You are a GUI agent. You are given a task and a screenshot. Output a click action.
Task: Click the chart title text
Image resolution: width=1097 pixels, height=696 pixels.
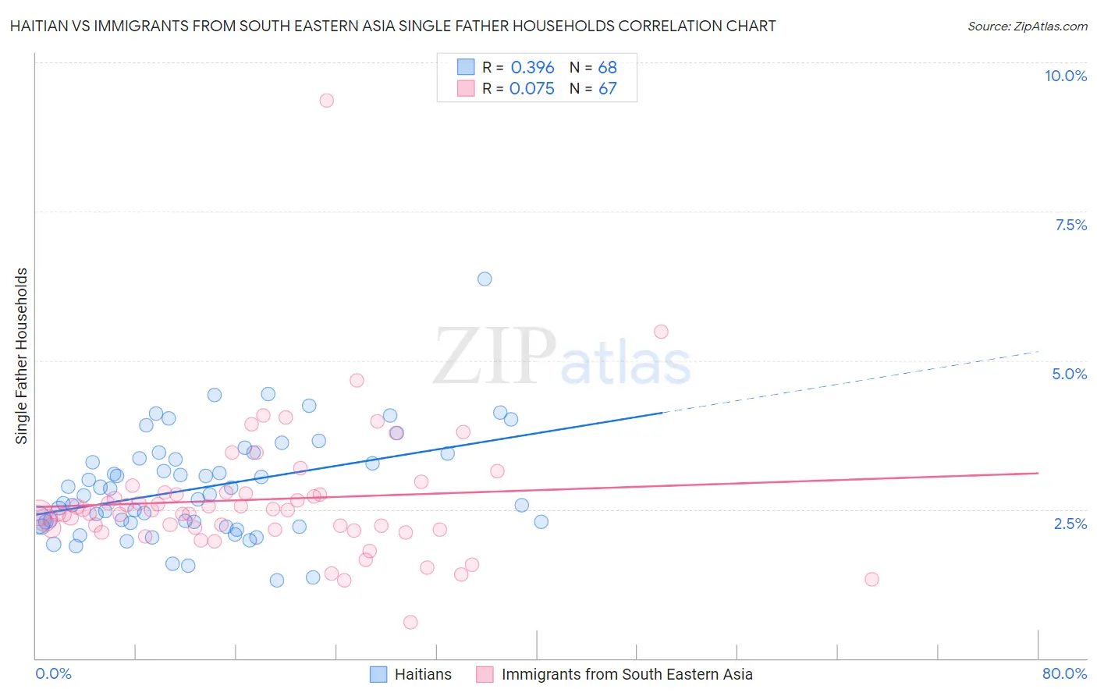(x=392, y=26)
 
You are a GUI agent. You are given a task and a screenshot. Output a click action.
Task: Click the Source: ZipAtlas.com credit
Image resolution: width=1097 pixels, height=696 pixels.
(x=1027, y=26)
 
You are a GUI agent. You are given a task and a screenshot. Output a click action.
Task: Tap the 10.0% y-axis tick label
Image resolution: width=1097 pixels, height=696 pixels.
(x=1065, y=76)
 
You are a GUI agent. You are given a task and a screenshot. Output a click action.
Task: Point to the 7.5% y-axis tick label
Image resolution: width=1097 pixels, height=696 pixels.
(x=1070, y=225)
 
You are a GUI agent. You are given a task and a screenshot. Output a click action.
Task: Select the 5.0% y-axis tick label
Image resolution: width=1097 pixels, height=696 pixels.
(x=1069, y=374)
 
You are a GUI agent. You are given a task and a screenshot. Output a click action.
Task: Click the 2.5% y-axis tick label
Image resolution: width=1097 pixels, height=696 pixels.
(x=1070, y=524)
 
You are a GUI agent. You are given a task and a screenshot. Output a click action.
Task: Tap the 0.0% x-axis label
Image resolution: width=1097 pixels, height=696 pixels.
(x=54, y=673)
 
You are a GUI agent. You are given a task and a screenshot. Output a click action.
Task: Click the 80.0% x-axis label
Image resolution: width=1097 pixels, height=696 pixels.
(x=1064, y=673)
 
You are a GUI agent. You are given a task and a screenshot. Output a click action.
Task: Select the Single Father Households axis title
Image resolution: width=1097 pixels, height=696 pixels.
(x=22, y=356)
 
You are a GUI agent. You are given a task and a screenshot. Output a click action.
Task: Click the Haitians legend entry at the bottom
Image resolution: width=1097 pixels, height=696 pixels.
(x=422, y=674)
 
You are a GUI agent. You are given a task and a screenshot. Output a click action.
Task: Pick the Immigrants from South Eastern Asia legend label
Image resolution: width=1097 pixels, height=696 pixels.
(x=627, y=674)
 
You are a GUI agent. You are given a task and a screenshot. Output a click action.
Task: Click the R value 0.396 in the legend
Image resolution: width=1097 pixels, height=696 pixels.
(x=532, y=68)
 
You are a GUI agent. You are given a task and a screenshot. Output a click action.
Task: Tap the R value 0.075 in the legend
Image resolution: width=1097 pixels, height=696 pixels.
(x=531, y=88)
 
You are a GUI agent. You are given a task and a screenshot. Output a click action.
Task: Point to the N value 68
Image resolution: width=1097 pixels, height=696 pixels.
(x=607, y=68)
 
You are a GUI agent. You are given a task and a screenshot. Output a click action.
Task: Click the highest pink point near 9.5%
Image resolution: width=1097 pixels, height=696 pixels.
(x=327, y=100)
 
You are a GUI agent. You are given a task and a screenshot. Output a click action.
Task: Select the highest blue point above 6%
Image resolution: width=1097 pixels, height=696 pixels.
(x=485, y=279)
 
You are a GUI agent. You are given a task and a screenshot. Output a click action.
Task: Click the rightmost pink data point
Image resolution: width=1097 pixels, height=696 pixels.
(x=872, y=579)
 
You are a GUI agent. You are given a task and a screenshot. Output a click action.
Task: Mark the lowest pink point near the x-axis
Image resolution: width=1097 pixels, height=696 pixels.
(x=410, y=622)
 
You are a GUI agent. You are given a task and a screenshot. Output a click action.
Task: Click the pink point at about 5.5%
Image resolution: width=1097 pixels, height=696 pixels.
(x=661, y=332)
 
